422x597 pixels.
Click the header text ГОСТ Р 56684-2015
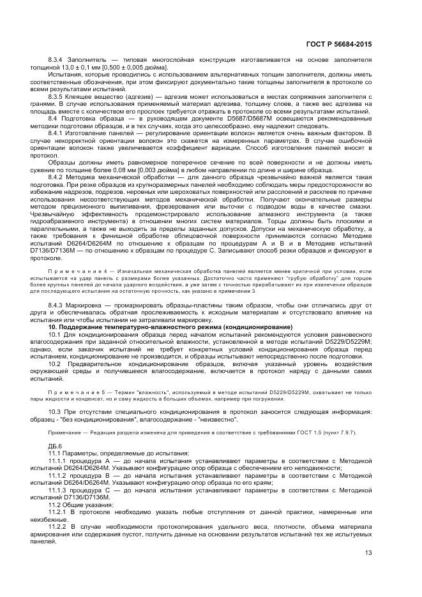(x=340, y=44)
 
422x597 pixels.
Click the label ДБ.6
(x=56, y=446)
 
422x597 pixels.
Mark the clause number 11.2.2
(x=59, y=526)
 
